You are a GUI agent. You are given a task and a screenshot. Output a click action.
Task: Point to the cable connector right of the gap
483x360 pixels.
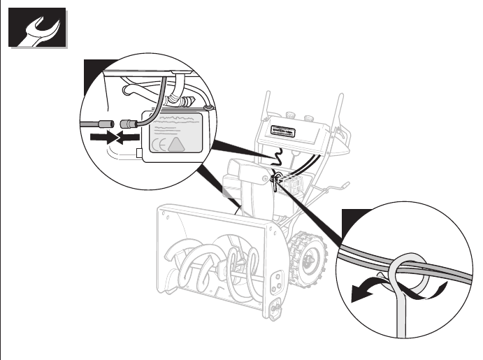click(x=127, y=127)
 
